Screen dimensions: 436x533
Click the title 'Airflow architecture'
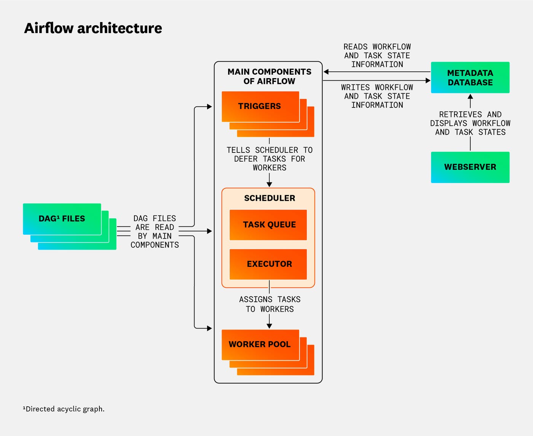(x=93, y=28)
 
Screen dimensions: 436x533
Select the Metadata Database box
(x=470, y=77)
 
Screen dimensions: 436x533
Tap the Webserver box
(x=470, y=167)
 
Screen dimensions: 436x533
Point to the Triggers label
(x=259, y=106)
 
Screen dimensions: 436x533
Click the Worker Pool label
(x=259, y=344)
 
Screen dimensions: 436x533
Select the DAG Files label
(x=62, y=219)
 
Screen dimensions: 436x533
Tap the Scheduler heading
(x=270, y=198)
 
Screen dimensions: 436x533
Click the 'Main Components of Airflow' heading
(x=269, y=76)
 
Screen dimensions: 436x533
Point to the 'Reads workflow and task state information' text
(x=377, y=56)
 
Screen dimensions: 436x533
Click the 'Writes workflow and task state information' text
(x=377, y=96)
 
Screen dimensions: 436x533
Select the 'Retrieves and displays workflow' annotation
(x=470, y=123)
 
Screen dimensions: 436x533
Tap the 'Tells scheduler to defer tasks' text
(x=270, y=159)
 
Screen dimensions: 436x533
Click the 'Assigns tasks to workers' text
(x=270, y=304)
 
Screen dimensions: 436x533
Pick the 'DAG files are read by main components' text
(x=155, y=231)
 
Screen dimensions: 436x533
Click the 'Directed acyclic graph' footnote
(x=64, y=409)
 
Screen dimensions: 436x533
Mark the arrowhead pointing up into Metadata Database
(x=470, y=96)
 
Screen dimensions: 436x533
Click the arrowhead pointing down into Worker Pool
(x=269, y=326)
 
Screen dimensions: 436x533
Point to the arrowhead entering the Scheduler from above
(x=269, y=184)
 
